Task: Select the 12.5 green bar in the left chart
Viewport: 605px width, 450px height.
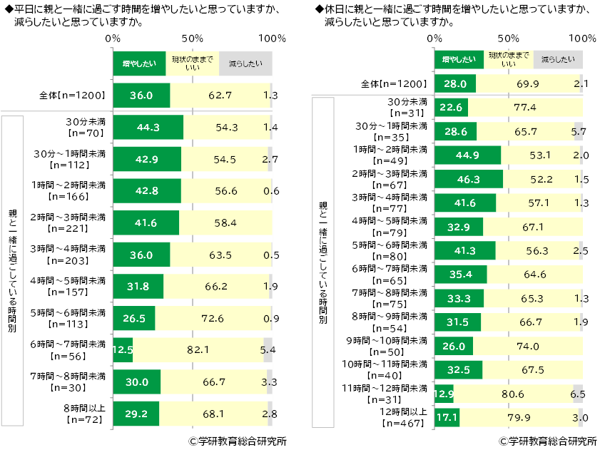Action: (x=123, y=350)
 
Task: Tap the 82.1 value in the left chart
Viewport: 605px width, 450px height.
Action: (x=201, y=350)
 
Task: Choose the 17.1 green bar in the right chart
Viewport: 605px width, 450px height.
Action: (x=447, y=416)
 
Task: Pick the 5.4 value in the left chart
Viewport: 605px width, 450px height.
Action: (x=269, y=350)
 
